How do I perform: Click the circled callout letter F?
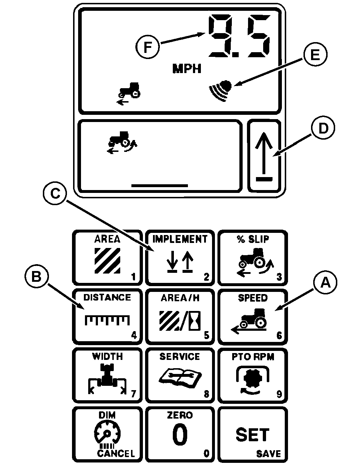pyautogui.click(x=148, y=48)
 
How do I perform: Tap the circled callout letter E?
pyautogui.click(x=315, y=55)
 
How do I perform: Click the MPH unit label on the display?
pyautogui.click(x=186, y=69)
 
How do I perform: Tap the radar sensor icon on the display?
pyautogui.click(x=220, y=90)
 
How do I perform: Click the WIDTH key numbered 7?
pyautogui.click(x=107, y=375)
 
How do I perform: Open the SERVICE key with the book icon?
pyautogui.click(x=180, y=375)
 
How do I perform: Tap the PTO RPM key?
pyautogui.click(x=253, y=375)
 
